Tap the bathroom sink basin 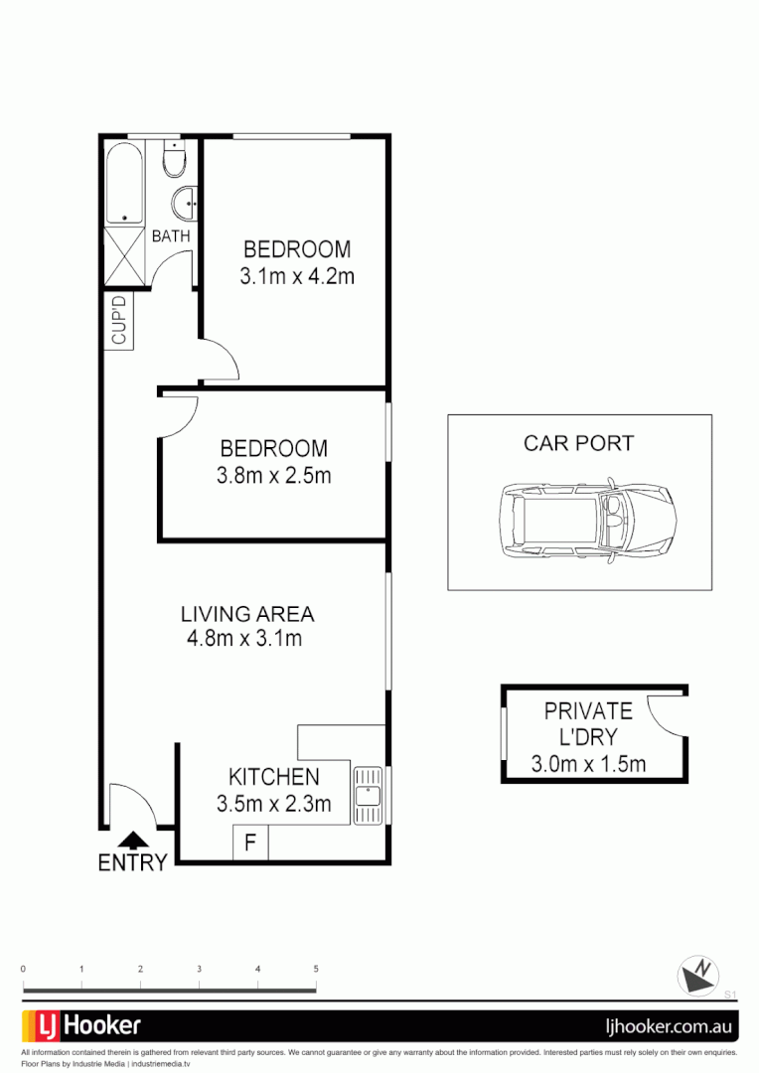click(185, 205)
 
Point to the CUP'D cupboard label click(119, 321)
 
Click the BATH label click(170, 236)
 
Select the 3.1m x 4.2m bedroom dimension click(296, 277)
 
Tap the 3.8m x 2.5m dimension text click(273, 476)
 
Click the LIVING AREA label click(246, 613)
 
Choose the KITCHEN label click(273, 777)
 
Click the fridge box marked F click(250, 843)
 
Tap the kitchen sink click(368, 795)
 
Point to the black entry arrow click(132, 840)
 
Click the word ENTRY click(132, 863)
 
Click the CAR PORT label click(578, 443)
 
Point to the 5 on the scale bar click(316, 968)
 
